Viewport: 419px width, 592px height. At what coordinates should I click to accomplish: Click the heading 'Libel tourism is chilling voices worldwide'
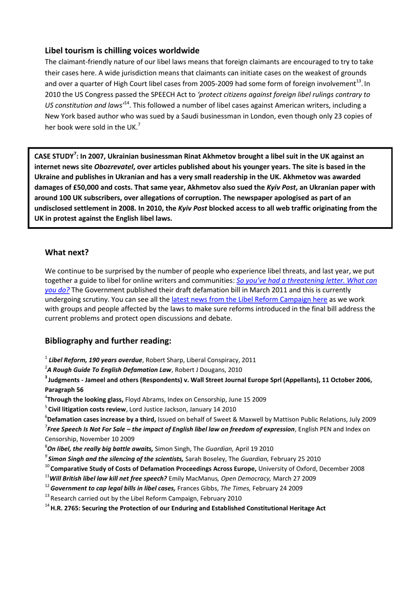pyautogui.click(x=122, y=51)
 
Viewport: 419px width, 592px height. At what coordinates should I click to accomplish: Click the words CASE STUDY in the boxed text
pyautogui.click(x=54, y=157)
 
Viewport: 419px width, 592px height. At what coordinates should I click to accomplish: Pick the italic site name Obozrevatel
pyautogui.click(x=113, y=167)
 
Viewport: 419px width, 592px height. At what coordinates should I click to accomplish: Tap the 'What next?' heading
pyautogui.click(x=67, y=252)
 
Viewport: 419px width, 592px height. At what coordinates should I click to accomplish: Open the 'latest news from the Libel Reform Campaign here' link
pyautogui.click(x=249, y=300)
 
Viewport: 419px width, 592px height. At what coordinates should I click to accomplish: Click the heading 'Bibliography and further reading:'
pyautogui.click(x=108, y=341)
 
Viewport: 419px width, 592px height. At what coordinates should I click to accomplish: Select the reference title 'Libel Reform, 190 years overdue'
pyautogui.click(x=95, y=360)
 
